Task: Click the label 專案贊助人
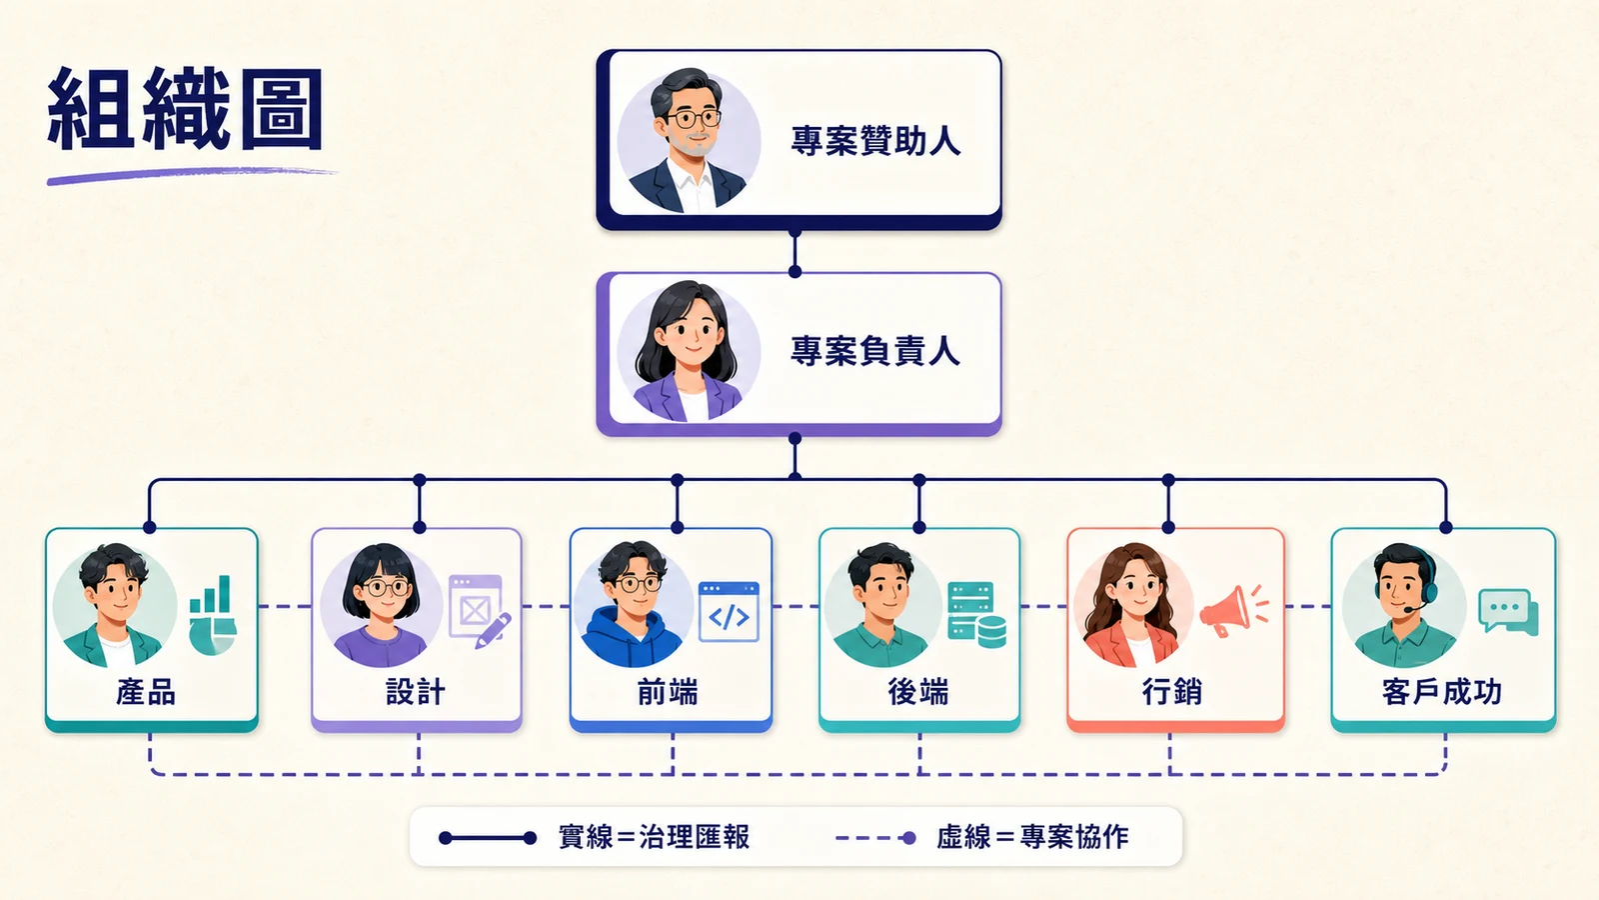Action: point(875,141)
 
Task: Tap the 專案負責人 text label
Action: point(875,351)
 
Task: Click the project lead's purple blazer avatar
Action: point(689,351)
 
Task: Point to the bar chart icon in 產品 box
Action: point(213,615)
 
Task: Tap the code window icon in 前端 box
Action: point(729,612)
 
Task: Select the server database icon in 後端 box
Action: point(976,614)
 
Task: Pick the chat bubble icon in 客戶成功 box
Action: point(1508,611)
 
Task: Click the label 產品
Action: point(146,691)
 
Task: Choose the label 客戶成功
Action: point(1442,691)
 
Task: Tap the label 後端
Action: point(918,691)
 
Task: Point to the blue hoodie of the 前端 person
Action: point(631,637)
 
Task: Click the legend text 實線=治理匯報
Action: point(654,837)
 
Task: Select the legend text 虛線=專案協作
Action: point(1032,837)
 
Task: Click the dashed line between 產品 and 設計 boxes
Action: point(285,606)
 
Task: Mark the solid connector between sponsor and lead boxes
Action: point(795,252)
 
